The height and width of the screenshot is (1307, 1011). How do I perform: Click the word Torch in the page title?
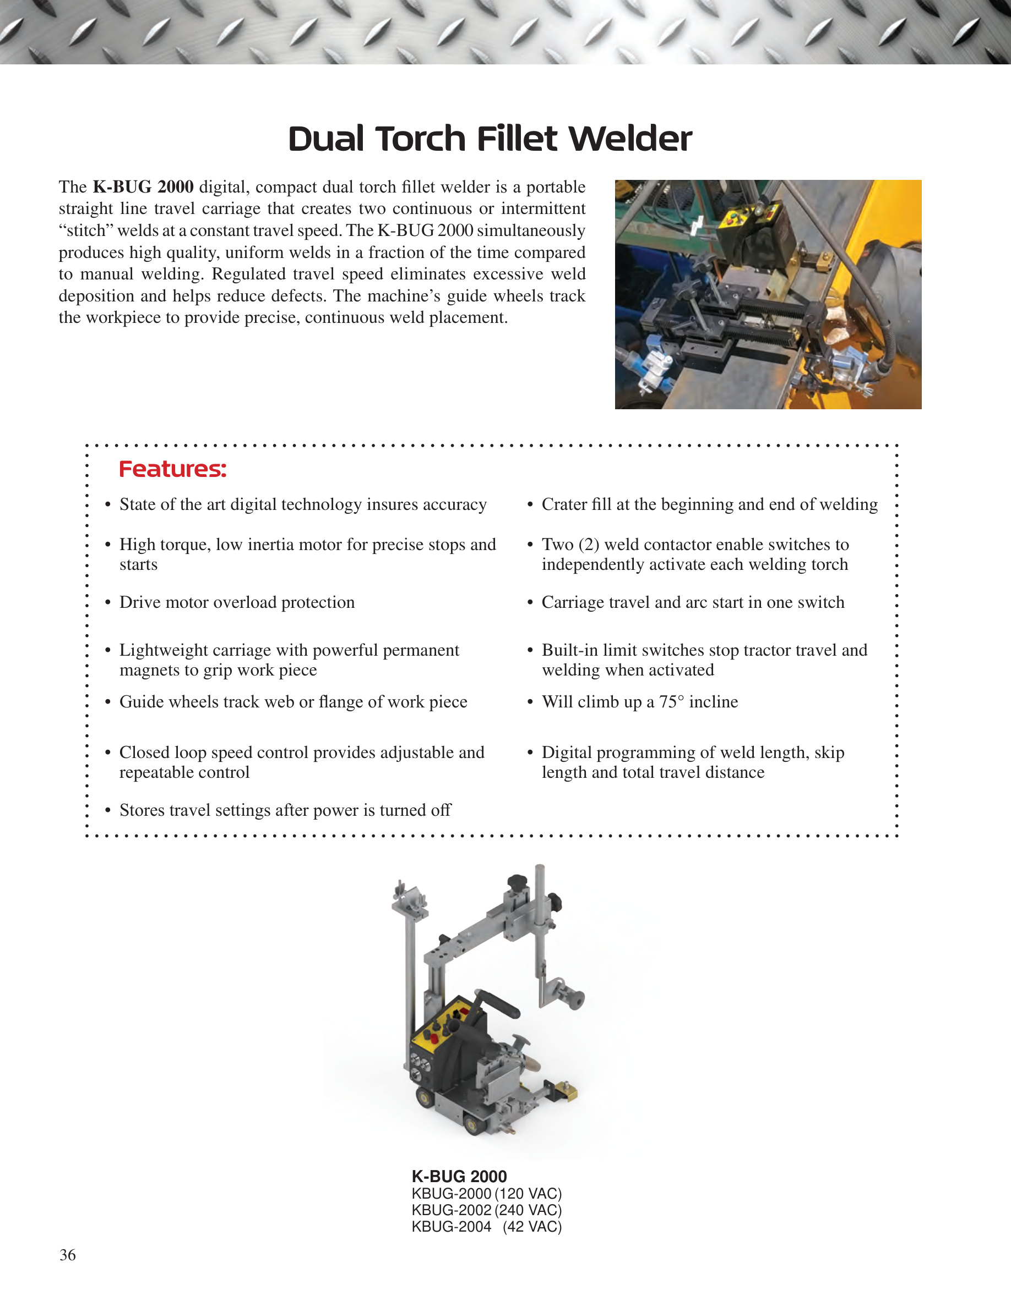click(421, 139)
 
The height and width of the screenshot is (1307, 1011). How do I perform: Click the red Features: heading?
click(172, 469)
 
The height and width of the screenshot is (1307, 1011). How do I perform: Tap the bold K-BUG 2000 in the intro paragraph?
click(143, 186)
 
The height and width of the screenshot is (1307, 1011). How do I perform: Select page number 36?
click(68, 1255)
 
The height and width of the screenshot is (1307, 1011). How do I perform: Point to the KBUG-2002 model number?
click(452, 1210)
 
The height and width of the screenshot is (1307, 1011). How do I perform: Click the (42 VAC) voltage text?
click(532, 1227)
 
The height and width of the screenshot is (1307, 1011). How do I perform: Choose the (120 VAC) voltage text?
click(528, 1194)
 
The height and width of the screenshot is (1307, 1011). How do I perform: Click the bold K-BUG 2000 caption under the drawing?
click(459, 1177)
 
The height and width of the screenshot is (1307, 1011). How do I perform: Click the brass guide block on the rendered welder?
click(566, 1091)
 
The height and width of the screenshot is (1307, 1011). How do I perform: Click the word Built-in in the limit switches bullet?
click(569, 651)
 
